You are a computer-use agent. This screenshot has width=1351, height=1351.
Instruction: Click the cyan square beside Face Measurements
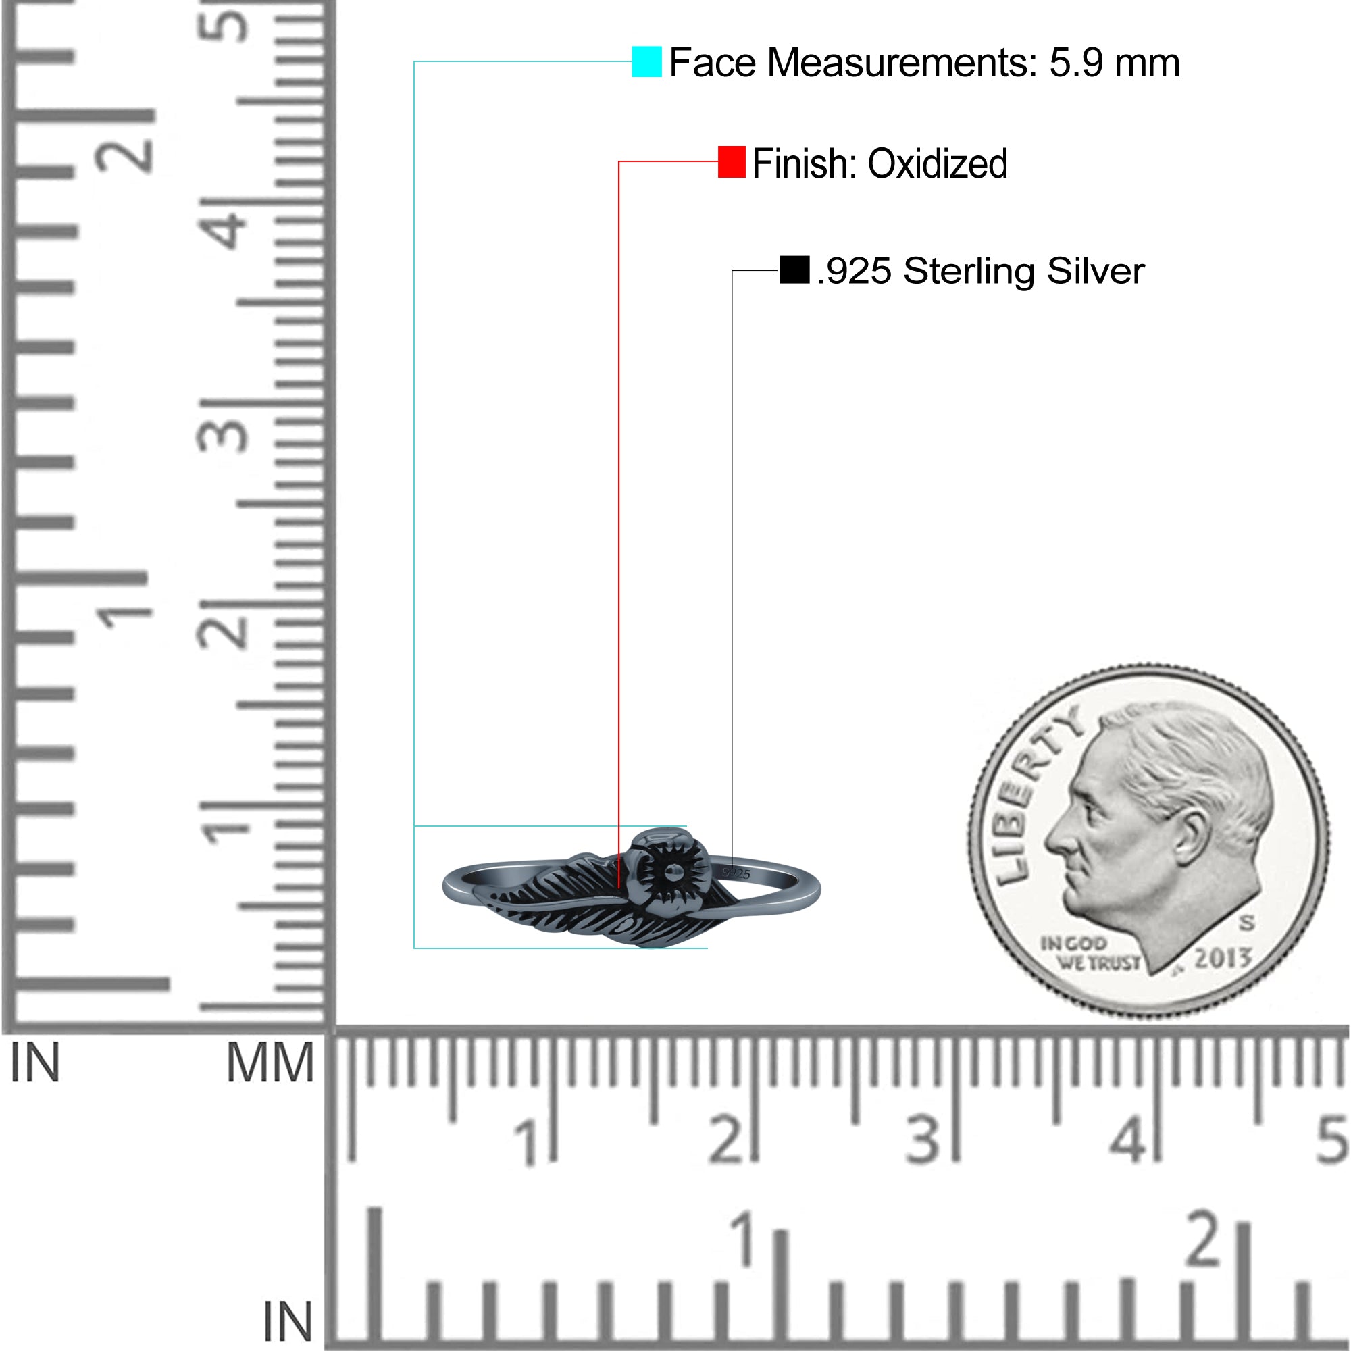tap(647, 61)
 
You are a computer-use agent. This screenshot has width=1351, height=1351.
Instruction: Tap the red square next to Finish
tap(732, 162)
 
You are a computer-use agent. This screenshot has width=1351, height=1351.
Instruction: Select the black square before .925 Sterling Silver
tap(794, 270)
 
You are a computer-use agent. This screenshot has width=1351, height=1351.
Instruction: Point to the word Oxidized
tap(938, 163)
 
